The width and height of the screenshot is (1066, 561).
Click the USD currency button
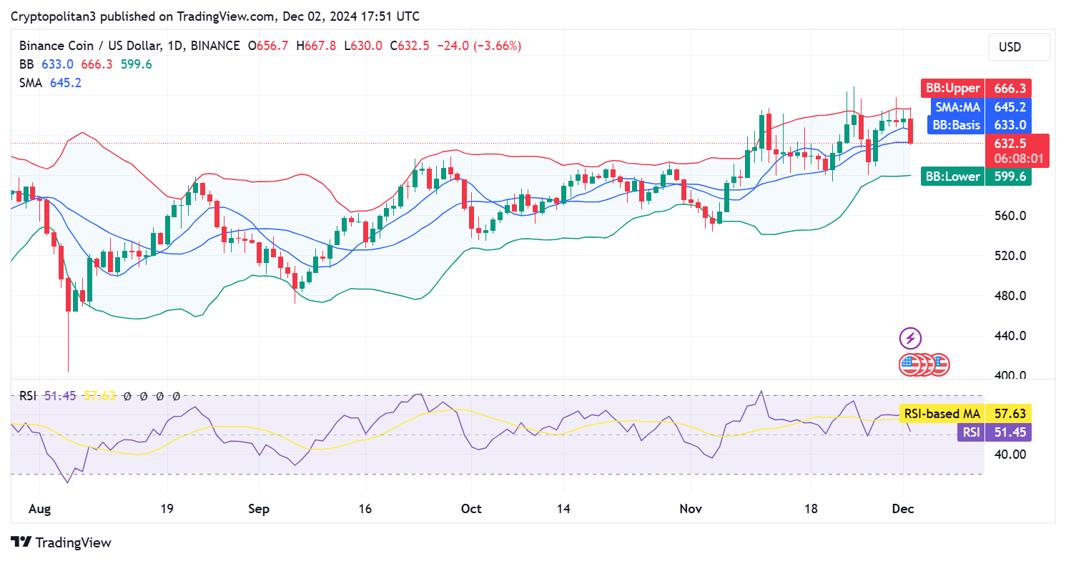pos(1019,47)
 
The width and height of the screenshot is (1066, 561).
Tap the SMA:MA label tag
pos(958,107)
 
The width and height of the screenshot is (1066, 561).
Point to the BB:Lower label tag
pos(953,177)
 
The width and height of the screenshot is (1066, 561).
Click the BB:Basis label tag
pos(955,125)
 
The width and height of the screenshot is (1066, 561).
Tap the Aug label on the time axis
pos(41,509)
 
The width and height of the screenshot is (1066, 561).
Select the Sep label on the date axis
pos(259,509)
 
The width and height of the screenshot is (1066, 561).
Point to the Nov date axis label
pos(691,509)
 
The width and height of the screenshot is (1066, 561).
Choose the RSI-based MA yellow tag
pos(941,413)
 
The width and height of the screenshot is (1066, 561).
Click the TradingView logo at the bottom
pos(61,542)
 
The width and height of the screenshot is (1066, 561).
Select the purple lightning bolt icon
pos(910,338)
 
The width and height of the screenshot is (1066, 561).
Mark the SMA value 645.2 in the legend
pos(66,83)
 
